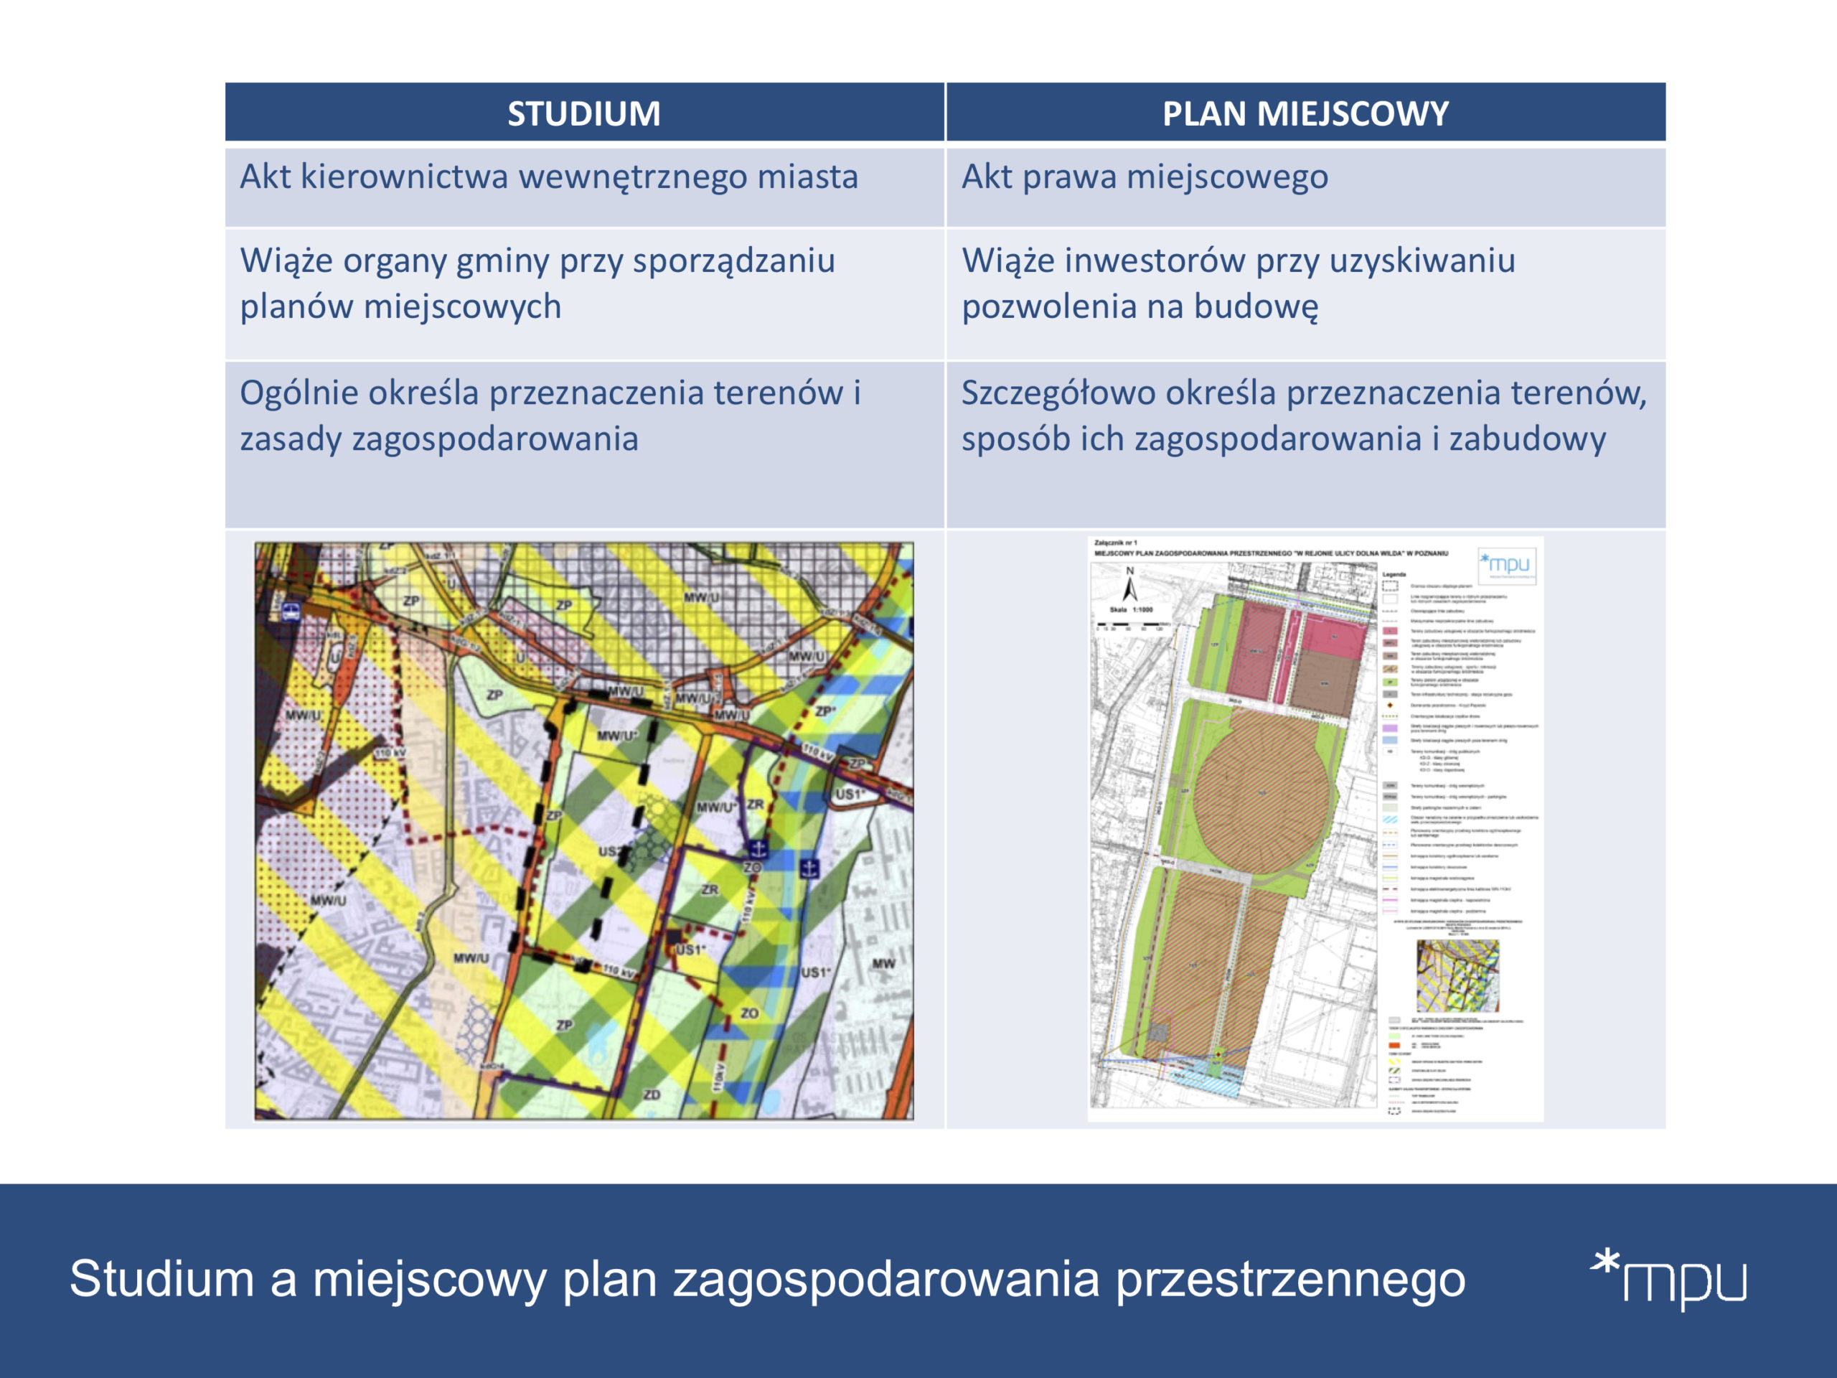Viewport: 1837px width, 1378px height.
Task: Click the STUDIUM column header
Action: click(x=584, y=113)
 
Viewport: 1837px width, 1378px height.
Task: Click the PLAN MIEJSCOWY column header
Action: click(x=1305, y=113)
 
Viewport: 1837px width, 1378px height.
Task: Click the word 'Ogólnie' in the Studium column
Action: click(x=298, y=393)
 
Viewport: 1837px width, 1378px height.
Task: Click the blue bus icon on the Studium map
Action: click(x=291, y=612)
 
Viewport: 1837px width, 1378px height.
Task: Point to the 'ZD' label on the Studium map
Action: click(x=652, y=1095)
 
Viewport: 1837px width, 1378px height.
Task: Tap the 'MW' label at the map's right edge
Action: click(x=883, y=963)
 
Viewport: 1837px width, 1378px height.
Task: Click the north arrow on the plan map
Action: click(x=1129, y=585)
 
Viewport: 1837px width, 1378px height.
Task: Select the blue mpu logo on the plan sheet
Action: click(x=1506, y=565)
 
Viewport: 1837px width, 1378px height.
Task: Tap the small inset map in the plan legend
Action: click(x=1457, y=975)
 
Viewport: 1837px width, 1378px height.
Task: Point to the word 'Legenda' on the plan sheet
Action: click(x=1394, y=574)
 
